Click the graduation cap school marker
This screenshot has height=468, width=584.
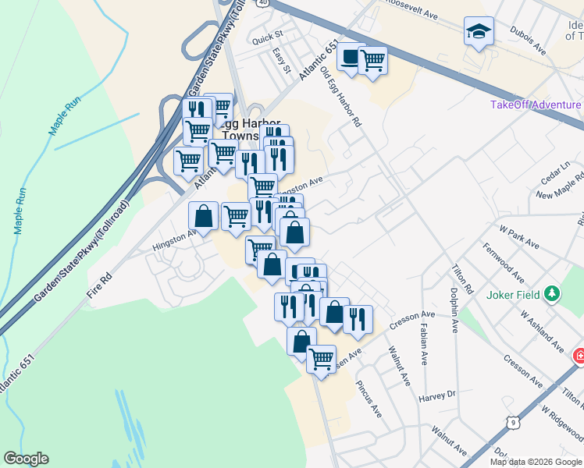coord(479,32)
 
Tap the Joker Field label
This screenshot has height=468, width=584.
coord(512,295)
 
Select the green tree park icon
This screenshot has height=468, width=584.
coord(553,294)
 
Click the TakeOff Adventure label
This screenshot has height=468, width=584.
coord(536,105)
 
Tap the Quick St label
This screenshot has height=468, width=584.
coord(267,36)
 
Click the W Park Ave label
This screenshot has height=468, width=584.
coord(519,238)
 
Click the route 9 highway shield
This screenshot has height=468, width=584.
coord(512,422)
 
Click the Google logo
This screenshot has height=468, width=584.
coord(26,459)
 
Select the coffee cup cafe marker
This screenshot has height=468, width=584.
coord(351,57)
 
